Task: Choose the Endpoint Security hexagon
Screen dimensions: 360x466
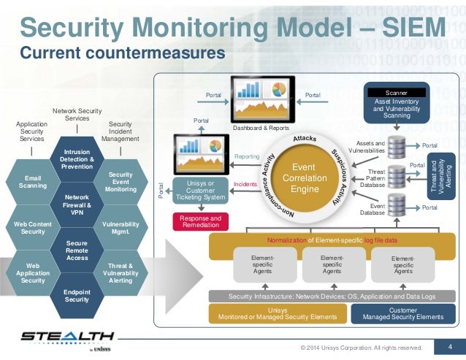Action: (x=77, y=294)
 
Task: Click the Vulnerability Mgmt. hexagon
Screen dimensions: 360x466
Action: (x=120, y=226)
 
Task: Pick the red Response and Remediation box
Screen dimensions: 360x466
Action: (x=199, y=221)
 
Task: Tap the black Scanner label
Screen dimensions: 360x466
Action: (x=396, y=93)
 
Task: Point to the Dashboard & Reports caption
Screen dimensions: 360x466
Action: (x=261, y=127)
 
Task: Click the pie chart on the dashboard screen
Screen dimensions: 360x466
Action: (x=278, y=90)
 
